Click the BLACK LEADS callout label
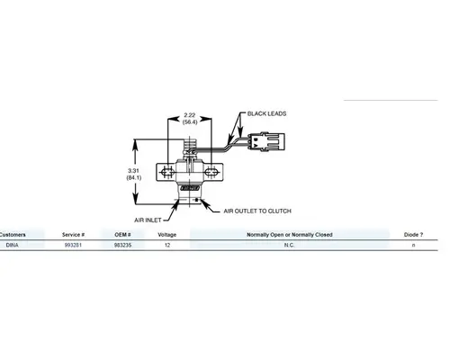[x=266, y=113]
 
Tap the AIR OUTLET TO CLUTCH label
[x=257, y=211]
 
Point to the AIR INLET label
[x=148, y=220]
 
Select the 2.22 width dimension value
[x=190, y=115]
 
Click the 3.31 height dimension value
[x=133, y=171]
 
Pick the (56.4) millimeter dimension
[x=190, y=122]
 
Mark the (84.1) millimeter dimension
[x=134, y=178]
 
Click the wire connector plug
[x=267, y=141]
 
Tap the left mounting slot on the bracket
[x=167, y=172]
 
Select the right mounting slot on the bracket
[x=211, y=172]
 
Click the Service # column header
[x=73, y=235]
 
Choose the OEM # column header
[x=122, y=235]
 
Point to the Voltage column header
[x=167, y=235]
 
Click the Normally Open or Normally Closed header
[x=290, y=235]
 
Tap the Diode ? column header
[x=413, y=235]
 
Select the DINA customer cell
[x=13, y=245]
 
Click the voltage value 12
[x=167, y=245]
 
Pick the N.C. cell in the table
[x=289, y=245]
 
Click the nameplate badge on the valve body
[x=190, y=188]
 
